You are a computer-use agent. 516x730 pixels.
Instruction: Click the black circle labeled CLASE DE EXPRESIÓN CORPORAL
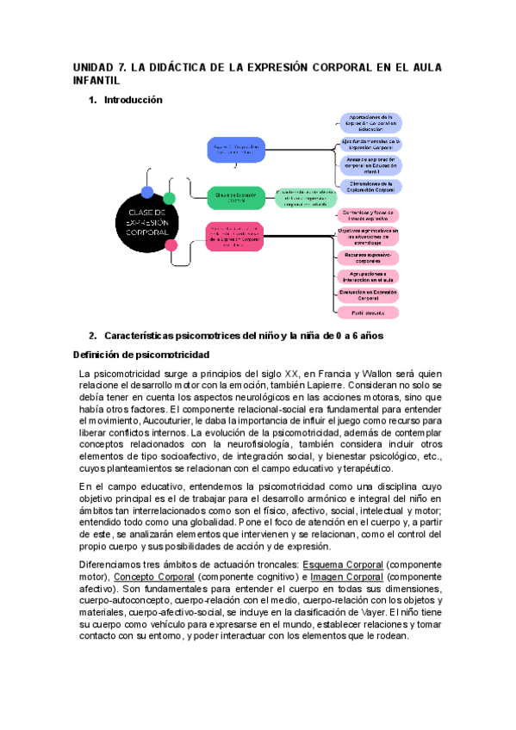click(147, 222)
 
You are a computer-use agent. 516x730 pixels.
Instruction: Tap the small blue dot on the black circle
click(148, 191)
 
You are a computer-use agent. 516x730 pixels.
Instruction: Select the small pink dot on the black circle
click(171, 245)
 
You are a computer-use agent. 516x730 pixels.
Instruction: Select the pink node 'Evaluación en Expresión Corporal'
click(368, 294)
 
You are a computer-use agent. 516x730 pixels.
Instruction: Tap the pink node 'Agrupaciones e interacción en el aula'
click(368, 275)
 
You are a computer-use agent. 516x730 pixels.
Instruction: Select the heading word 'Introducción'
click(134, 100)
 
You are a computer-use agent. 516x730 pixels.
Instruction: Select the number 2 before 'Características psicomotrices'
click(92, 335)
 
